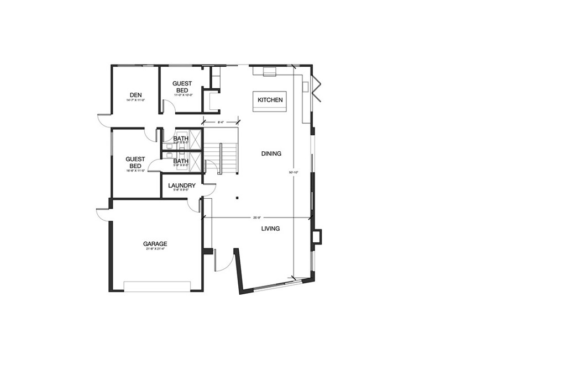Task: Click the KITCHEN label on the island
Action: (270, 100)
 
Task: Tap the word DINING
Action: (271, 153)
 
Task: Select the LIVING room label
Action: (270, 229)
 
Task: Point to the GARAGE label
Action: (155, 243)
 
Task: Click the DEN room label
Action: (136, 95)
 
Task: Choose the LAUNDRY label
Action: (182, 185)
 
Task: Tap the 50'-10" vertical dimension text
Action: (294, 173)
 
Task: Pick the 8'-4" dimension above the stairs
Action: (220, 121)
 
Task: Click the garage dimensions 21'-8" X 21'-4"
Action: (155, 249)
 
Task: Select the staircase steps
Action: (221, 158)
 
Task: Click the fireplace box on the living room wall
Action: (317, 237)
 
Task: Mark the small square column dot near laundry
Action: (237, 197)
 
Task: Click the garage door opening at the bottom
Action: (158, 286)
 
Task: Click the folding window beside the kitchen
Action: (316, 88)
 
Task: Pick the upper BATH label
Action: (181, 139)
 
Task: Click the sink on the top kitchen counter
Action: (270, 71)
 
